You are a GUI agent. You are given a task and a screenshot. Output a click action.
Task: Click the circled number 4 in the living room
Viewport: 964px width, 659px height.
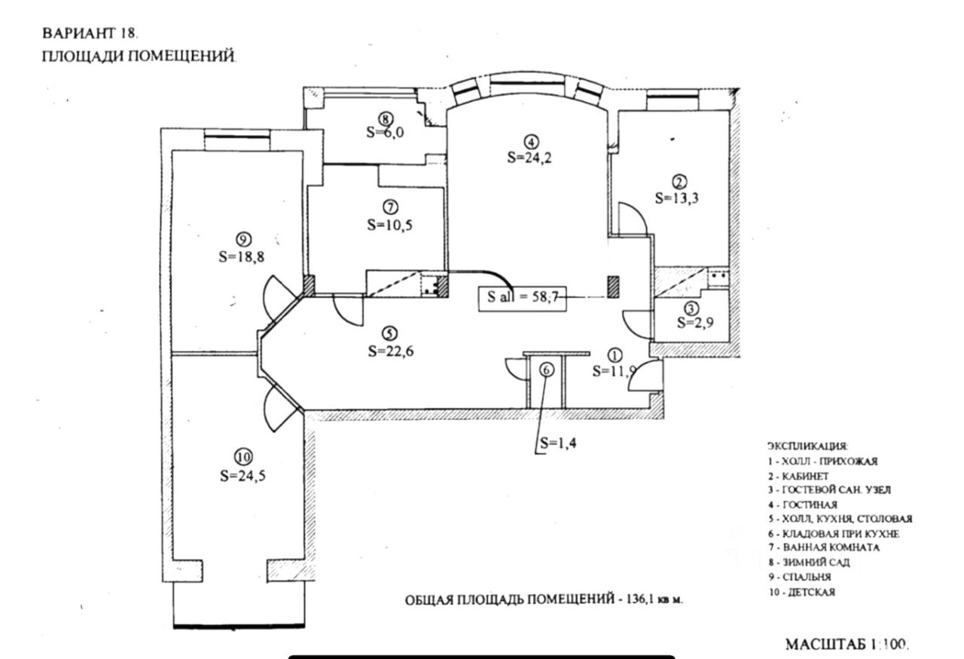tap(532, 141)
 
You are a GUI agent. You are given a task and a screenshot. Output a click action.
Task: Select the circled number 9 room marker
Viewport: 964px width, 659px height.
tap(242, 240)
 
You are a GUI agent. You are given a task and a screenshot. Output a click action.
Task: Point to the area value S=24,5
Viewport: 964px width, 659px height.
tap(245, 476)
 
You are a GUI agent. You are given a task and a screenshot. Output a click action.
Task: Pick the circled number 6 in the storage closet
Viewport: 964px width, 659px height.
tap(547, 369)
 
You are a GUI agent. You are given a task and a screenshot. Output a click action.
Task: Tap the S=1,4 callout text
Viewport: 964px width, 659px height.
tap(559, 443)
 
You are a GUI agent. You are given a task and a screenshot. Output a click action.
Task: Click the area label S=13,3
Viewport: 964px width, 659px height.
tap(680, 198)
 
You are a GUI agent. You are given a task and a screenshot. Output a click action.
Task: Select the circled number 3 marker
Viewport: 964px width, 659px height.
tap(691, 308)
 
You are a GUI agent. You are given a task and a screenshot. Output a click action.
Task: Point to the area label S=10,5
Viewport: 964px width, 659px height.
tap(390, 224)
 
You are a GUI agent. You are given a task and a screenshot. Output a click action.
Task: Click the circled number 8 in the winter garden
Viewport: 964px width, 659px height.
tap(385, 118)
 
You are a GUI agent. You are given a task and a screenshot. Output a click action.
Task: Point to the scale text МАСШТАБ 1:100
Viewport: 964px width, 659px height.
tap(847, 645)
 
